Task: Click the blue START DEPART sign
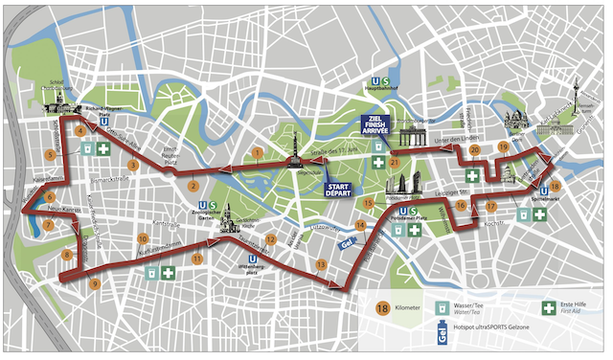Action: [338, 188]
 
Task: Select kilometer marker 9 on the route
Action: [94, 283]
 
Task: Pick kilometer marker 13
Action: [321, 263]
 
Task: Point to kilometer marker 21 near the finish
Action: [394, 163]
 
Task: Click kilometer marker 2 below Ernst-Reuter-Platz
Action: [193, 186]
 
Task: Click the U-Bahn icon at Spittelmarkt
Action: [544, 190]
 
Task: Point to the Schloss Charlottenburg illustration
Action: [57, 104]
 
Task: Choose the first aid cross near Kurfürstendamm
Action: [169, 273]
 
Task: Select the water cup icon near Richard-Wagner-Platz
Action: [86, 149]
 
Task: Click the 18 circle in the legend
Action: [381, 308]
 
